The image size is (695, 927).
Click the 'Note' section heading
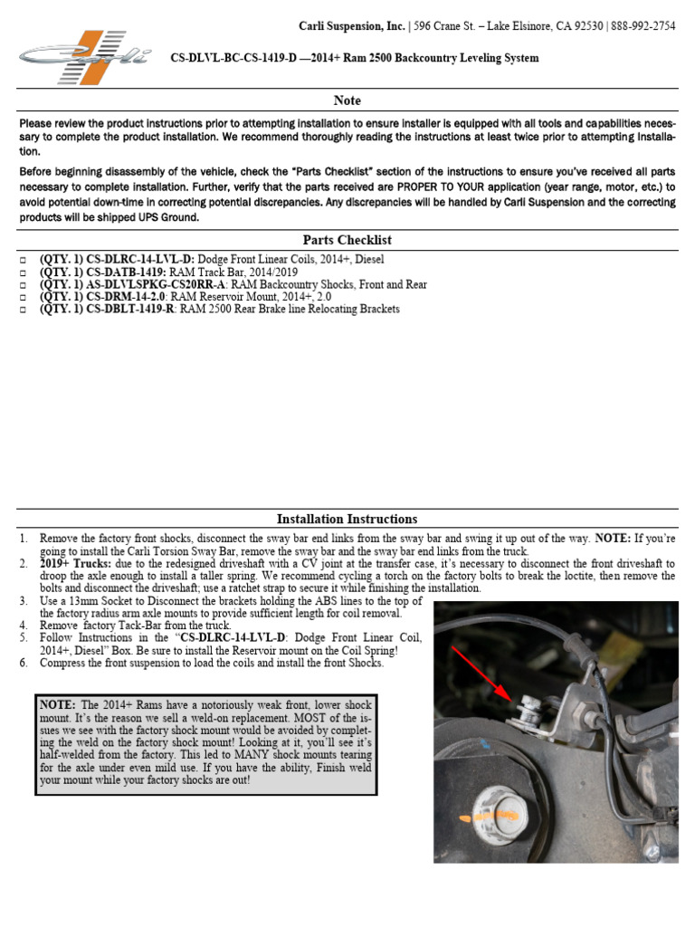347,100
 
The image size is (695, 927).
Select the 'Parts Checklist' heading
347,240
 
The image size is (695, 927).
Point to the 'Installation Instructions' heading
347,519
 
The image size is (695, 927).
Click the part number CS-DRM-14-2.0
127,297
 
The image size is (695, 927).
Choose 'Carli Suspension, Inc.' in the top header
352,26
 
